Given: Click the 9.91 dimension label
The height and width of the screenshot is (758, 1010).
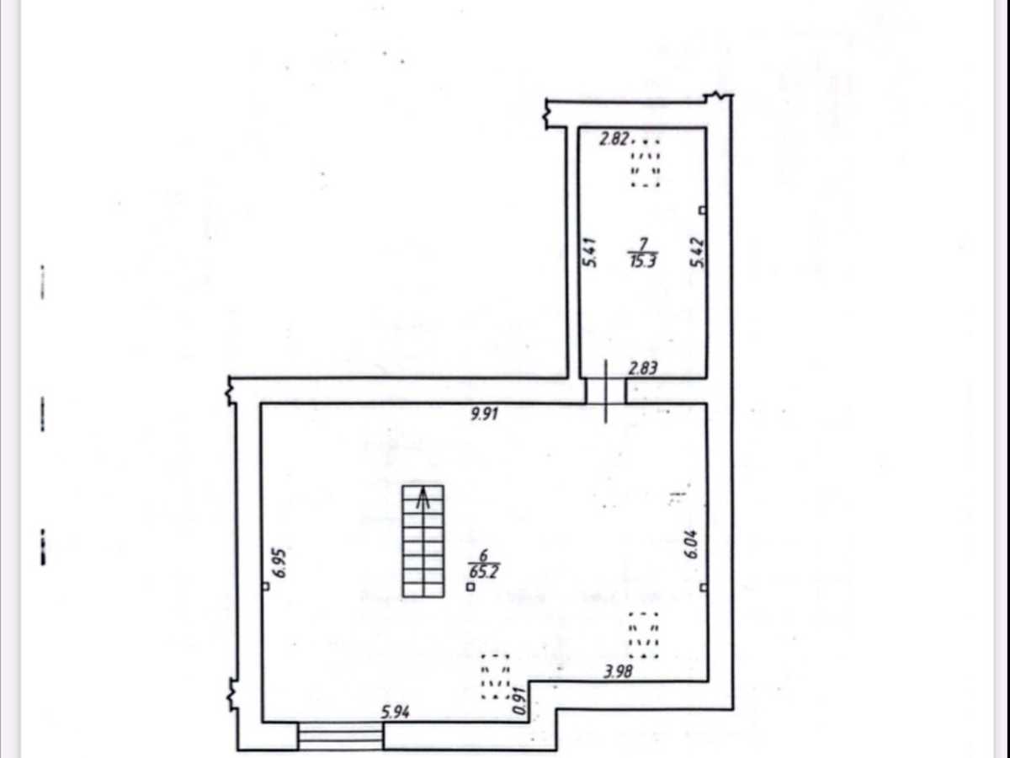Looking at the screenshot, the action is (x=484, y=414).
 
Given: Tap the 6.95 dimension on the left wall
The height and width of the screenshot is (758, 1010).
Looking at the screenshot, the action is (x=279, y=563).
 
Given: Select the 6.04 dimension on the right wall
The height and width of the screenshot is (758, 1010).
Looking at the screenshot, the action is (x=692, y=544).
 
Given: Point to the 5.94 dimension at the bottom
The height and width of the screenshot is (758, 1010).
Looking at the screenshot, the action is (x=396, y=713).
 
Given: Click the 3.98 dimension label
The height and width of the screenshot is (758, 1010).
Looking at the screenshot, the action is (x=618, y=671).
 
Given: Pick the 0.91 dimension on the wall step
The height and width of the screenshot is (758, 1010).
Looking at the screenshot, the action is (x=520, y=700).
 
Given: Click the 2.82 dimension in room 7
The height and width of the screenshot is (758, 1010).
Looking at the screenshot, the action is (x=614, y=138).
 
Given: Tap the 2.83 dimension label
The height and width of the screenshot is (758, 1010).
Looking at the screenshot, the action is (x=643, y=368).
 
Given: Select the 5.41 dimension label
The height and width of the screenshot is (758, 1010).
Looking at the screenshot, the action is (x=589, y=252).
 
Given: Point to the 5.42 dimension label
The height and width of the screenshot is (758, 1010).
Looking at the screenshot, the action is (x=697, y=252).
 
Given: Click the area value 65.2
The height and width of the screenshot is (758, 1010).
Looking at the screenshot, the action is (x=484, y=572).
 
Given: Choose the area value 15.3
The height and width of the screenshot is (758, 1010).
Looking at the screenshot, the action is (x=643, y=261).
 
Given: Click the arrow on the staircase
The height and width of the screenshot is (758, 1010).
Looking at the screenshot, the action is (x=423, y=499).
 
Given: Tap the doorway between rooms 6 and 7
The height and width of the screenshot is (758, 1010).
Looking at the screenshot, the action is (x=605, y=391).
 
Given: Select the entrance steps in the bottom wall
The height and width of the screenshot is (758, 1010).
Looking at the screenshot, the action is (x=340, y=736).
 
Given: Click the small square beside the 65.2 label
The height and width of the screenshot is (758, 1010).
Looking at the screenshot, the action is (x=470, y=587).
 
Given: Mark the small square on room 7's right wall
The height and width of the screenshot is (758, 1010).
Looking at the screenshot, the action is (x=702, y=211).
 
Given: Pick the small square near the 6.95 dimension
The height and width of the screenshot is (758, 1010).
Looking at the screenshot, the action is (x=265, y=586).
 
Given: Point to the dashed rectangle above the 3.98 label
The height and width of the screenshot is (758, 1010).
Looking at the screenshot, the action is (x=644, y=635).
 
